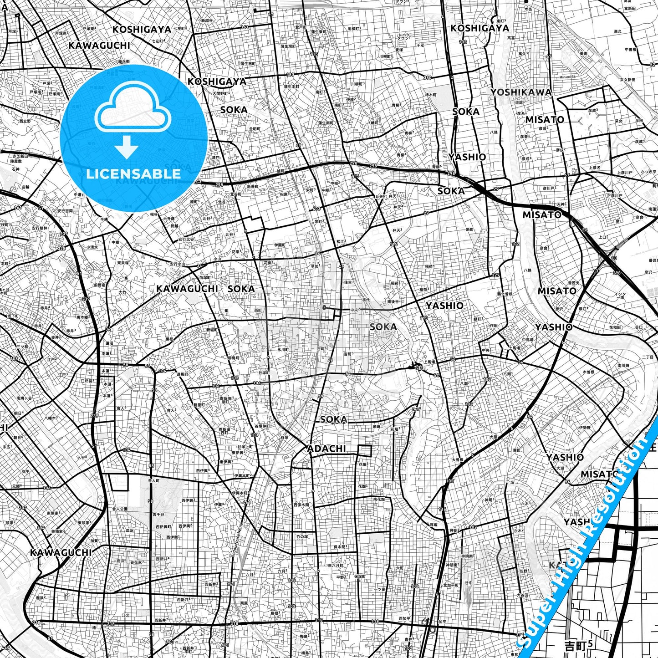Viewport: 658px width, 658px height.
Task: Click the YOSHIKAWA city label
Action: click(521, 92)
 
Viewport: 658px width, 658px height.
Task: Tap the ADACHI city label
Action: click(326, 449)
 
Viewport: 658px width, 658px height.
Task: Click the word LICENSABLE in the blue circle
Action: click(133, 173)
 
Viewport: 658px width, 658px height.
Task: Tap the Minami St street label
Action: click(567, 77)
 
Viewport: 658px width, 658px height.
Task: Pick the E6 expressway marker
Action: click(585, 230)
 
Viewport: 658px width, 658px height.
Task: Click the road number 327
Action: click(495, 275)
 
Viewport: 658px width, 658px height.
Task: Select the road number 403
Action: click(317, 209)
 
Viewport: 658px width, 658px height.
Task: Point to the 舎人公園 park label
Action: click(120, 509)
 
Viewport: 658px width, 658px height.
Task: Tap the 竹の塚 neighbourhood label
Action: click(302, 536)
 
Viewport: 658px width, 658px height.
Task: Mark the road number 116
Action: click(442, 510)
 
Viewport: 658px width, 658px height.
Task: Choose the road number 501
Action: click(169, 642)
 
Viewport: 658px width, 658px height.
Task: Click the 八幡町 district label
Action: click(372, 123)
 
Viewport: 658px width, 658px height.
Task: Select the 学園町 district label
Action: click(280, 245)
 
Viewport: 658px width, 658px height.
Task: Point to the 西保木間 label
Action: click(301, 505)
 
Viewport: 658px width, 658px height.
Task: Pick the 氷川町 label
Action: click(283, 349)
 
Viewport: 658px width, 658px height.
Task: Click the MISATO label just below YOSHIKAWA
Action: click(545, 120)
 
